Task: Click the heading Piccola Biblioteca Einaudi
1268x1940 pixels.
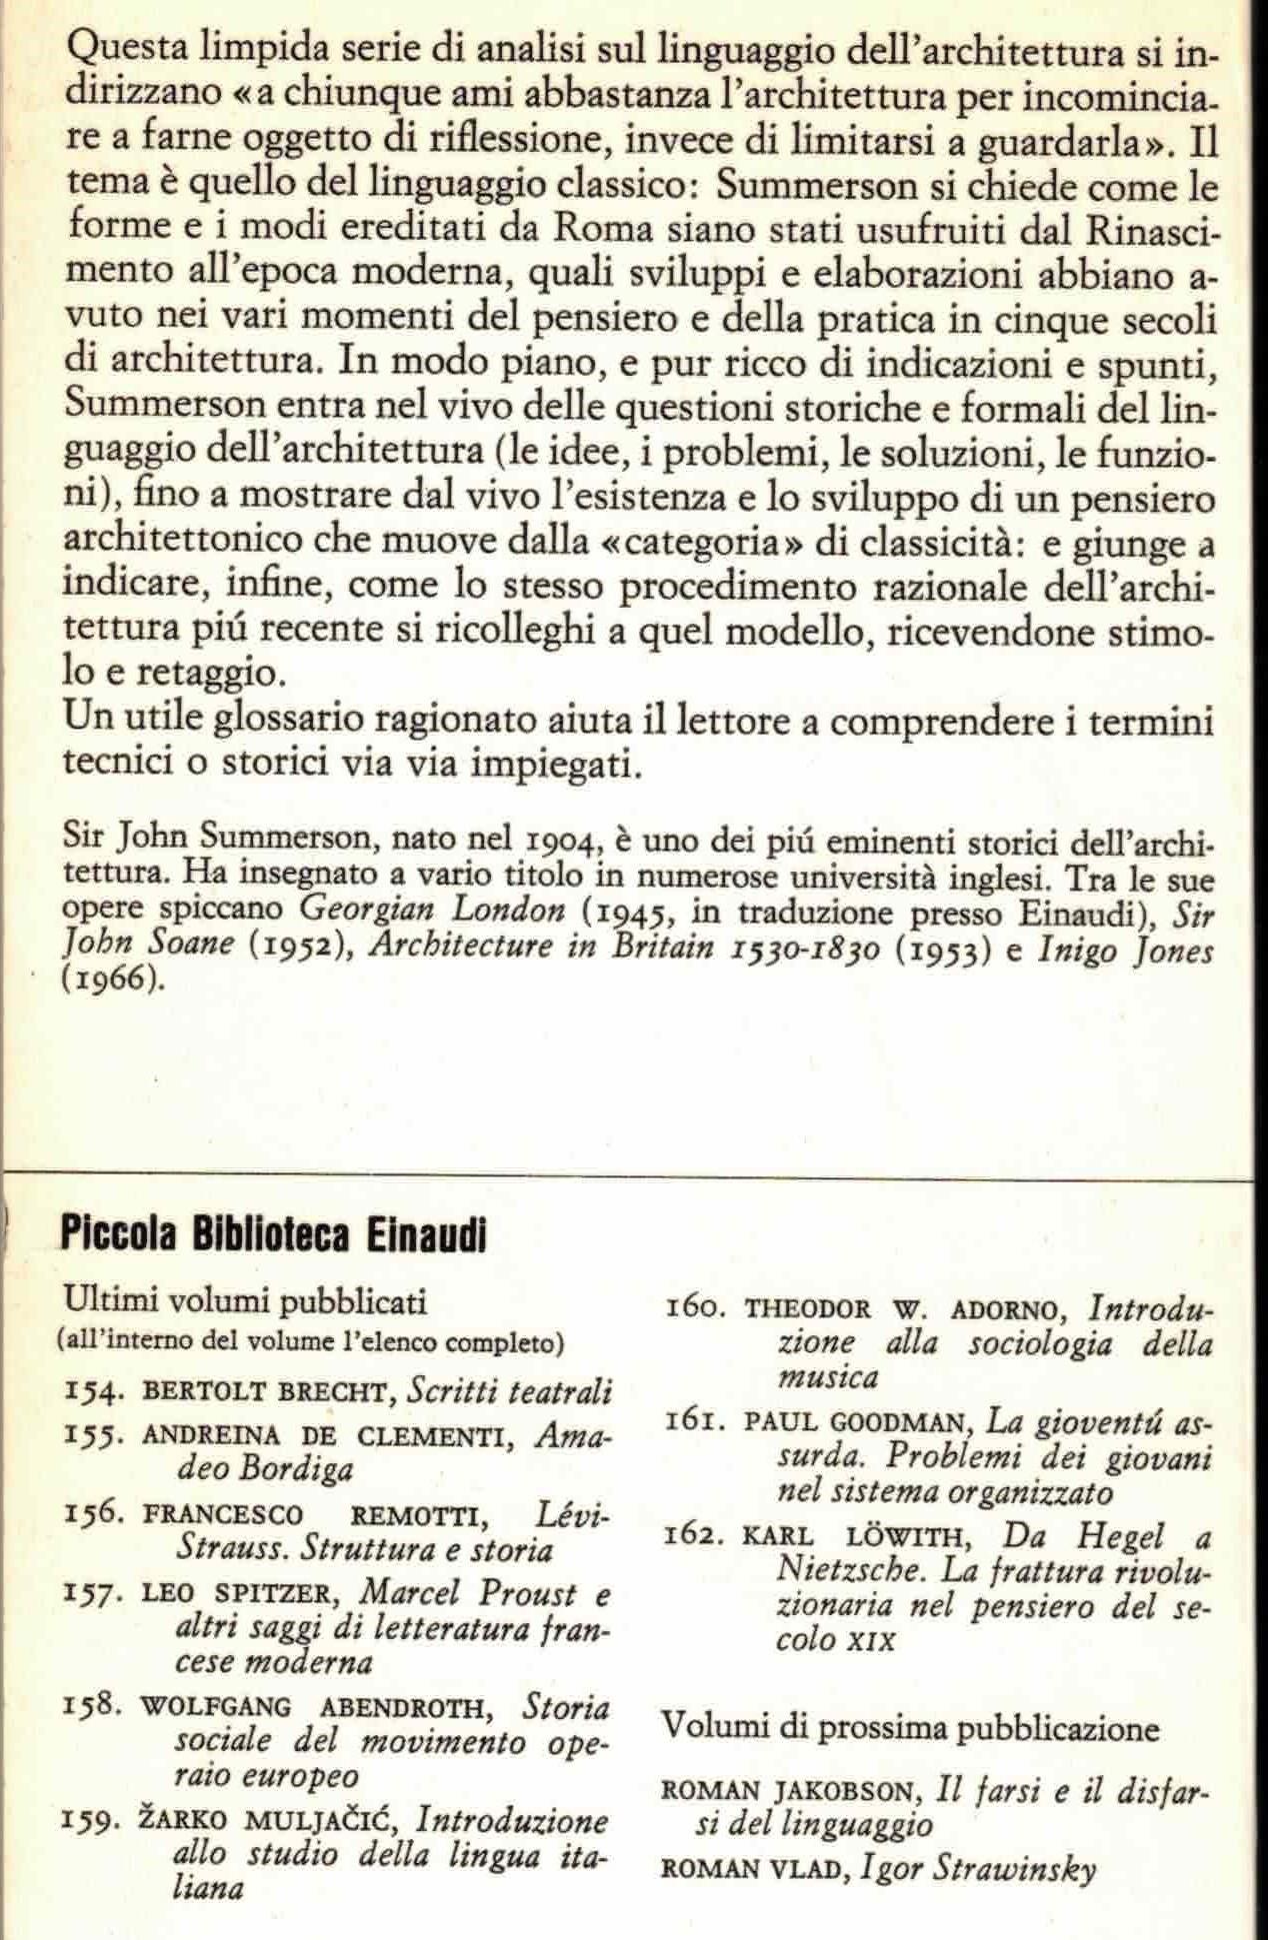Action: pos(273,1236)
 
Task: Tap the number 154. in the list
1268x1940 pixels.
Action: pos(91,1390)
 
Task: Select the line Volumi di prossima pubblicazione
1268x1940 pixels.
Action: pos(910,1727)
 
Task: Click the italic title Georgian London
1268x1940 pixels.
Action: pos(433,911)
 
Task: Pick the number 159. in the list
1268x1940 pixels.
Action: pos(91,1821)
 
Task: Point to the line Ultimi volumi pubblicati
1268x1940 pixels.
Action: pos(245,1301)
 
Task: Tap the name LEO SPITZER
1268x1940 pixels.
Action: pos(235,1593)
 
